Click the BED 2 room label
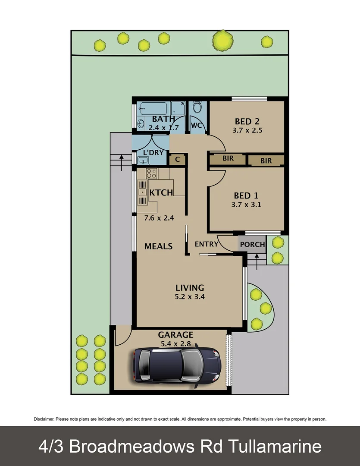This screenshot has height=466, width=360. click(x=247, y=121)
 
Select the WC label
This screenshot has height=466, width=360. click(x=196, y=125)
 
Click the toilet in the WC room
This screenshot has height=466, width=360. click(x=197, y=107)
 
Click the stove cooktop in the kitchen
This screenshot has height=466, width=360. click(x=151, y=173)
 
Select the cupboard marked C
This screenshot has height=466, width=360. click(x=177, y=159)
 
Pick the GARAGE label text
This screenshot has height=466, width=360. click(x=175, y=335)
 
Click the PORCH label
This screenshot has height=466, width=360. click(x=252, y=244)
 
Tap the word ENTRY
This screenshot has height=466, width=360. click(x=207, y=244)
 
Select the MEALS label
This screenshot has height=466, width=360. click(x=158, y=246)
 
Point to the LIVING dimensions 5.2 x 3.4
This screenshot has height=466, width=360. click(x=189, y=297)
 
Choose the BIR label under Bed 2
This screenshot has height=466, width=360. click(x=228, y=159)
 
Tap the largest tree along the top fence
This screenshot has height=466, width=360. click(x=223, y=41)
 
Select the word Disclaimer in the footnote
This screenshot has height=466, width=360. click(x=44, y=419)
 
